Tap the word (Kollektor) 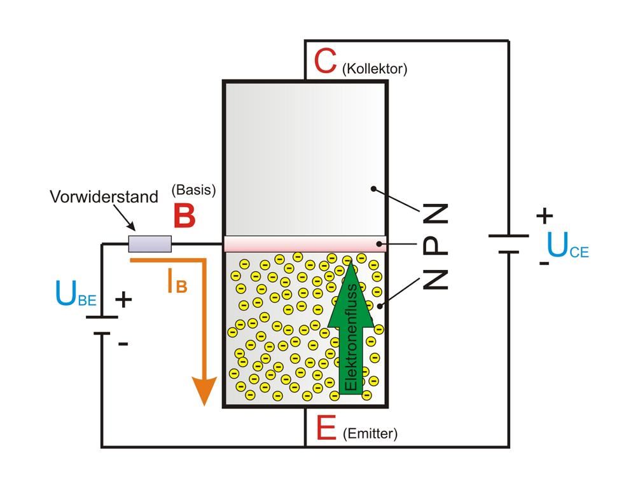(x=374, y=69)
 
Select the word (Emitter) (x=370, y=434)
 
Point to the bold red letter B (x=184, y=217)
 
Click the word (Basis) (x=194, y=189)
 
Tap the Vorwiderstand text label (x=104, y=196)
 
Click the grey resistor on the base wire (x=150, y=243)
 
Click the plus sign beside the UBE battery (x=125, y=299)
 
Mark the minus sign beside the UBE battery (x=123, y=344)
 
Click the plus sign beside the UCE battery (x=544, y=216)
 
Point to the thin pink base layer (x=305, y=245)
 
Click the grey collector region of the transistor (x=305, y=159)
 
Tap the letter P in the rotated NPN (x=436, y=245)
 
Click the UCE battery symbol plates (x=508, y=243)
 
